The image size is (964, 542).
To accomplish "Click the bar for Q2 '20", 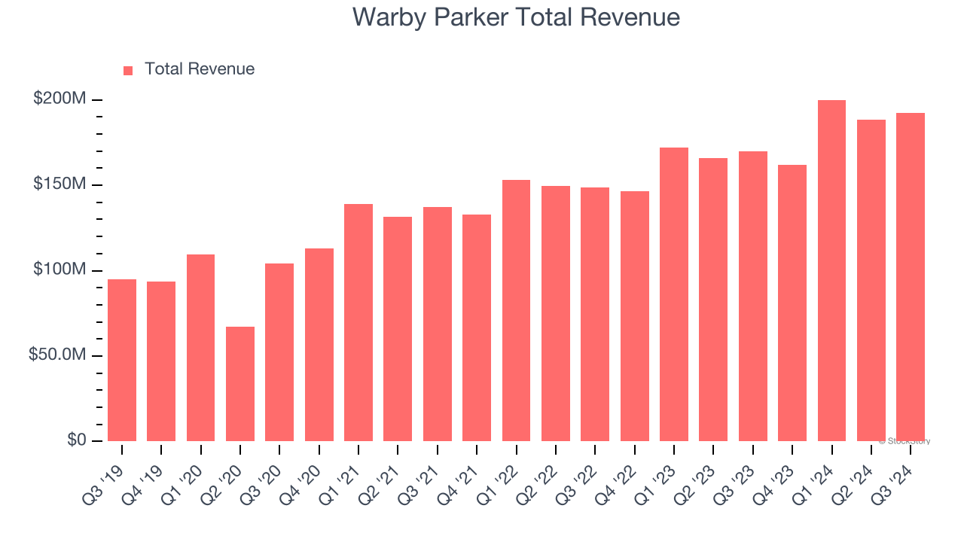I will pyautogui.click(x=240, y=384).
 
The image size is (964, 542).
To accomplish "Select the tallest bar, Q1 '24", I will pyautogui.click(x=831, y=271).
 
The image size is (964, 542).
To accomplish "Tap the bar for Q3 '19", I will pyautogui.click(x=122, y=360).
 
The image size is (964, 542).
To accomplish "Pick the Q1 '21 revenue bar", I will pyautogui.click(x=358, y=322).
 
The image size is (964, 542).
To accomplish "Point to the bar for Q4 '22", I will pyautogui.click(x=634, y=316).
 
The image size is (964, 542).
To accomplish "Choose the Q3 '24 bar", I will pyautogui.click(x=911, y=277).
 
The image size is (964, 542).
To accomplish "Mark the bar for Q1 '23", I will pyautogui.click(x=674, y=294).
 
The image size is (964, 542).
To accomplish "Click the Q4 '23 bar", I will pyautogui.click(x=792, y=303).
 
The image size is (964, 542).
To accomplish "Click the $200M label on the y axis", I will pyautogui.click(x=59, y=99).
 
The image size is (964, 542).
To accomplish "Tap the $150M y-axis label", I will pyautogui.click(x=59, y=184).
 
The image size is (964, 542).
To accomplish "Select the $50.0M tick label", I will pyautogui.click(x=57, y=355).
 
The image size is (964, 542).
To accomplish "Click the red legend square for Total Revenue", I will pyautogui.click(x=128, y=70).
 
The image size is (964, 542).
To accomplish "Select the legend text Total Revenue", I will pyautogui.click(x=200, y=69).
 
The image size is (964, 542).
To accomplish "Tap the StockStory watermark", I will pyautogui.click(x=905, y=441).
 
